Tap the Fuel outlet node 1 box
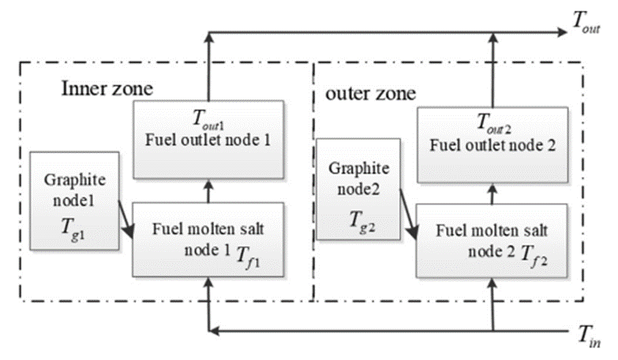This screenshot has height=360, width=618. point(208,138)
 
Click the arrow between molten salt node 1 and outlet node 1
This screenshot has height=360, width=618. point(208,190)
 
